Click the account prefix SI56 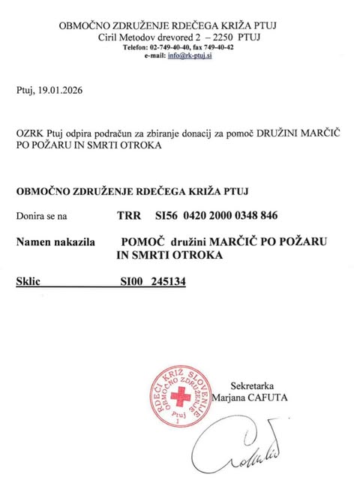(166, 216)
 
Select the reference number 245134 (168, 283)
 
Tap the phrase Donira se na (41, 216)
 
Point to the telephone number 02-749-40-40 (173, 46)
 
